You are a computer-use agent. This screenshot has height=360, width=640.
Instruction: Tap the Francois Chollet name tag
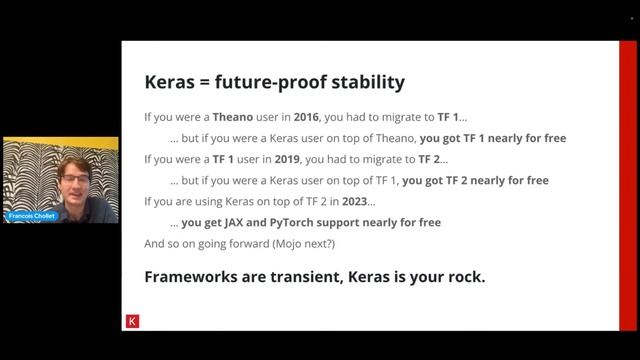pos(30,215)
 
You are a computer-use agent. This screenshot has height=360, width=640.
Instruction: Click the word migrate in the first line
pos(391,116)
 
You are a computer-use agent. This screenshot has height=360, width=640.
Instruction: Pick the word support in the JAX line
pos(367,222)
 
